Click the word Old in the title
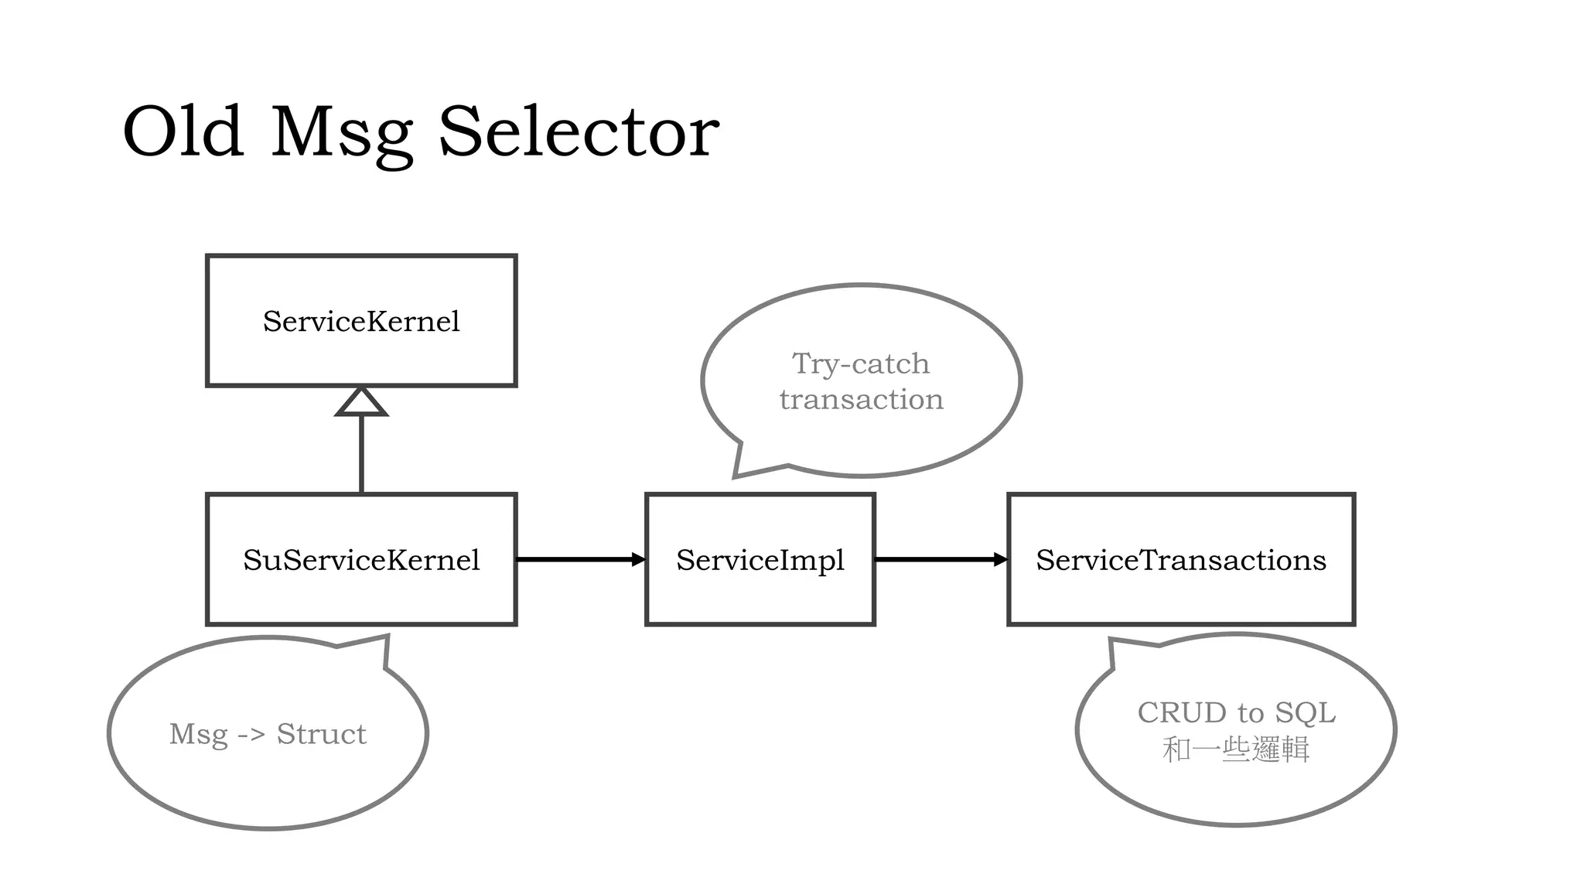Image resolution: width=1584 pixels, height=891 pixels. pyautogui.click(x=183, y=132)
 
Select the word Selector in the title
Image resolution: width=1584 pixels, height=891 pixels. pyautogui.click(x=579, y=132)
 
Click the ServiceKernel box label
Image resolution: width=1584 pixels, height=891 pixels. pyautogui.click(x=361, y=321)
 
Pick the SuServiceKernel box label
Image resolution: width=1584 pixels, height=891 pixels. pyautogui.click(x=361, y=560)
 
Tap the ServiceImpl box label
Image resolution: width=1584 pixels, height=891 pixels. pyautogui.click(x=760, y=560)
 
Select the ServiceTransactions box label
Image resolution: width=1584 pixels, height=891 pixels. pyautogui.click(x=1180, y=560)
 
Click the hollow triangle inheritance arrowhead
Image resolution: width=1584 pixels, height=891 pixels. pyautogui.click(x=361, y=403)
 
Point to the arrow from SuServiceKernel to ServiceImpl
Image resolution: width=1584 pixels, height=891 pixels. pyautogui.click(x=580, y=559)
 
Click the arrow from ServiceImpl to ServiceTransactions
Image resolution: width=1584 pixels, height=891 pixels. pyautogui.click(x=940, y=559)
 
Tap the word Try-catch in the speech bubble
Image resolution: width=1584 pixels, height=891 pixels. pyautogui.click(x=860, y=364)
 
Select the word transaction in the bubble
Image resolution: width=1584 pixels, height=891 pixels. pyautogui.click(x=861, y=399)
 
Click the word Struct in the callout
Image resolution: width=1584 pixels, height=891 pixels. pyautogui.click(x=321, y=734)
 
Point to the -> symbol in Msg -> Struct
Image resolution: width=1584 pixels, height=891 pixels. pyautogui.click(x=251, y=734)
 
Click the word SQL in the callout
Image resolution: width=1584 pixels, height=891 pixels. pyautogui.click(x=1305, y=712)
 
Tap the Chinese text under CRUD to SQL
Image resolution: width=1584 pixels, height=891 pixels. pyautogui.click(x=1235, y=749)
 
